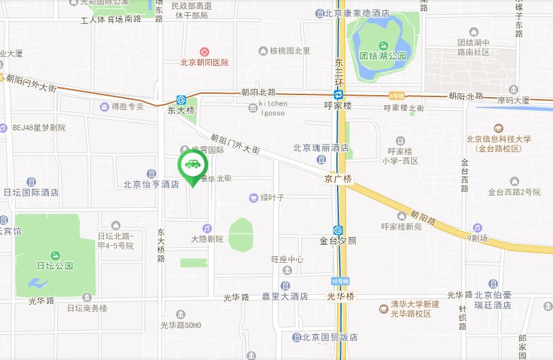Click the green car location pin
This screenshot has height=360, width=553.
pos(193,165)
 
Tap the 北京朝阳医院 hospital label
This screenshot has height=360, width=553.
pos(204,62)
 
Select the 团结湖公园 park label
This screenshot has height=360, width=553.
pos(383,56)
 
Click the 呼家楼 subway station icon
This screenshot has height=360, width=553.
pos(338,95)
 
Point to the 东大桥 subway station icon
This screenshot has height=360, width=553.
pos(181,99)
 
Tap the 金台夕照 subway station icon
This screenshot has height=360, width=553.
pos(338,230)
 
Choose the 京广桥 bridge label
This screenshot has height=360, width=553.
pos(338,179)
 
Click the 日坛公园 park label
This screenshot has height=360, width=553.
pos(55,266)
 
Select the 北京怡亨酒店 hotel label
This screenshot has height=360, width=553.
pos(151,184)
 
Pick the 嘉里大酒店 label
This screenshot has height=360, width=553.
pos(285,297)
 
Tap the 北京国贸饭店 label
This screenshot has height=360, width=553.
pos(329,337)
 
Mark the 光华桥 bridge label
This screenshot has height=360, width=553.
pos(340,297)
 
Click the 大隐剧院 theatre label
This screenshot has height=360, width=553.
pos(207,239)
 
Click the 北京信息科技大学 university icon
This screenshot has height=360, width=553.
pos(499,128)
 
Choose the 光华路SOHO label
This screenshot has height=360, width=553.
pos(180,325)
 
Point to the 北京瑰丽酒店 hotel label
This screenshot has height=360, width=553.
pos(321,147)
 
